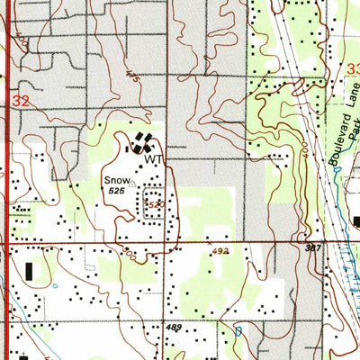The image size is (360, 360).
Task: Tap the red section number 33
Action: (353, 69)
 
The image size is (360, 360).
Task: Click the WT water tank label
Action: (154, 158)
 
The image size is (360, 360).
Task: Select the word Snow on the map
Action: (113, 180)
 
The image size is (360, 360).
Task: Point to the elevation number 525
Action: (114, 191)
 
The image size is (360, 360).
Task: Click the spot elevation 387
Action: (313, 247)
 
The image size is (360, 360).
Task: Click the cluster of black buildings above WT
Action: (141, 143)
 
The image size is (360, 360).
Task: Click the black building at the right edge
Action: (355, 221)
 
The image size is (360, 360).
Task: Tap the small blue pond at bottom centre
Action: (238, 331)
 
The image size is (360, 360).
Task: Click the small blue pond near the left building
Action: (54, 286)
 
